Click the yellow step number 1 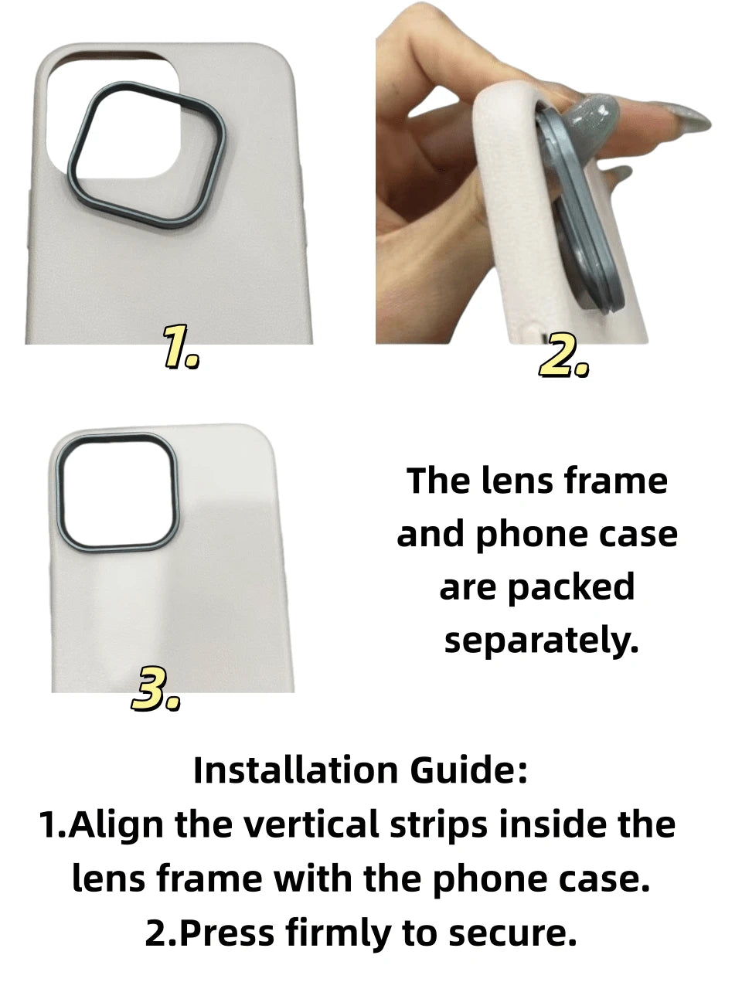pos(180,348)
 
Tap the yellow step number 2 pos(563,355)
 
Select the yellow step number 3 pos(155,690)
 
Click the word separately pos(541,641)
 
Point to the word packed pos(571,586)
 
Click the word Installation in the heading pos(295,770)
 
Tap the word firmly pos(338,933)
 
